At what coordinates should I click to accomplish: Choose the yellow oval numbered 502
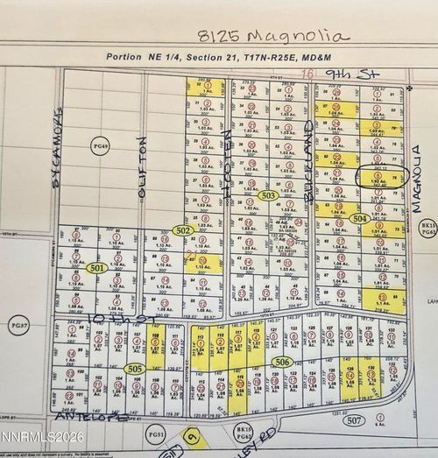tap(182, 229)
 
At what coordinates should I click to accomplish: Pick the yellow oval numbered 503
tap(269, 195)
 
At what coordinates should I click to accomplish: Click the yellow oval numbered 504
tap(358, 217)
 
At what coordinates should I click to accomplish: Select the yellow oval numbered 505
tap(134, 369)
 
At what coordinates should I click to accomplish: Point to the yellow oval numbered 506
tap(280, 362)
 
